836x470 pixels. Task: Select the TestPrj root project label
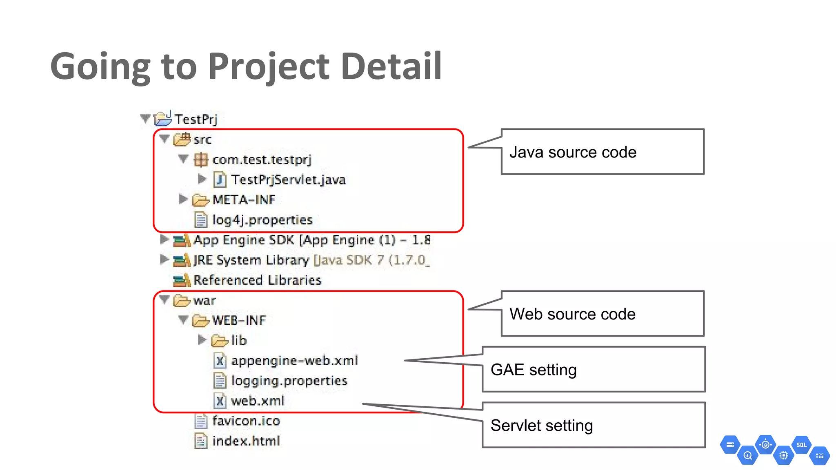(x=196, y=119)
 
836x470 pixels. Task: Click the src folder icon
(x=182, y=140)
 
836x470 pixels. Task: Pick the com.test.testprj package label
(x=262, y=160)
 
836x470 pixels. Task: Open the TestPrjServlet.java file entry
(x=288, y=180)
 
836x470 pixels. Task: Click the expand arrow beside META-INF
(x=183, y=199)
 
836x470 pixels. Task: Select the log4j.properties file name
(x=262, y=220)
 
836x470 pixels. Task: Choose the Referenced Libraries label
(x=257, y=280)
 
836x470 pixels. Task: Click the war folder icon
(x=182, y=301)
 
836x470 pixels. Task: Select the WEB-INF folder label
(x=239, y=320)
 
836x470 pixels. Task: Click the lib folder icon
(x=220, y=340)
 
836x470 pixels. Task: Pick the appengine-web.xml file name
(x=294, y=361)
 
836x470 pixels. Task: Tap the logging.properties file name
(x=289, y=381)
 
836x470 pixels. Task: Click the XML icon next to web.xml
(x=220, y=401)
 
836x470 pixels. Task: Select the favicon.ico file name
(x=246, y=421)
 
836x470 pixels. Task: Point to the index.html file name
(x=246, y=441)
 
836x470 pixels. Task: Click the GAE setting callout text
(x=534, y=370)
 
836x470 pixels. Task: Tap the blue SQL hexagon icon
(x=801, y=445)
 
